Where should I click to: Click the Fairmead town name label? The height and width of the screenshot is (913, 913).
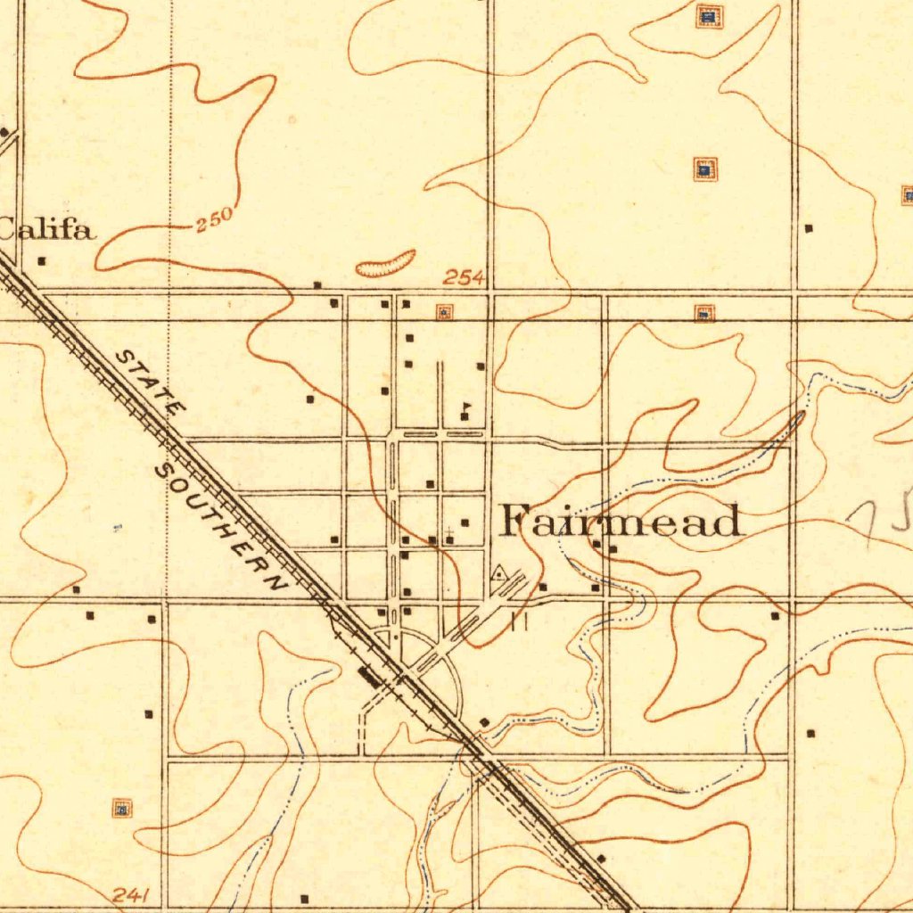621,521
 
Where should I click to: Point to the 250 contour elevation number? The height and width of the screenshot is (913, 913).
214,220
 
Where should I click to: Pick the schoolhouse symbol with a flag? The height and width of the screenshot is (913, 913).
465,413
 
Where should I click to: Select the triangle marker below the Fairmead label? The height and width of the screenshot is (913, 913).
500,572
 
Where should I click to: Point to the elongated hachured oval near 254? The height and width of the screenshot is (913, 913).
385,263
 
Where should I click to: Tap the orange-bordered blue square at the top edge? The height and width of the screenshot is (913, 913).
709,15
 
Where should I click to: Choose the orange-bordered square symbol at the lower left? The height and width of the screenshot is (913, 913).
122,809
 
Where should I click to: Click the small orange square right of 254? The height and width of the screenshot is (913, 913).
443,311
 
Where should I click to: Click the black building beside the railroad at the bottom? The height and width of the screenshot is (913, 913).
600,858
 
